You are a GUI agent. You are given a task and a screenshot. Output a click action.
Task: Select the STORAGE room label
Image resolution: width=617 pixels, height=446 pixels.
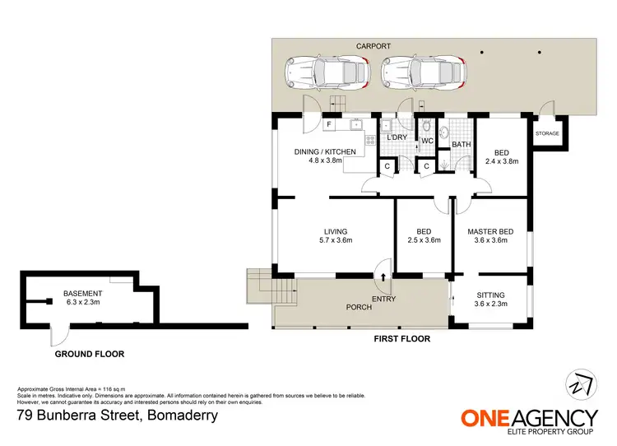click(547, 133)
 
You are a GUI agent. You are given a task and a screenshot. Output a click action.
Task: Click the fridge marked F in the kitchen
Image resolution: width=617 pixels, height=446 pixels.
click(329, 125)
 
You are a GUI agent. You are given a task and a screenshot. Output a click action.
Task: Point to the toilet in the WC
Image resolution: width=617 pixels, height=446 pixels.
click(427, 127)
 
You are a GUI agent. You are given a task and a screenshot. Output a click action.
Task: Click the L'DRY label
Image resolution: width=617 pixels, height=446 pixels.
click(398, 137)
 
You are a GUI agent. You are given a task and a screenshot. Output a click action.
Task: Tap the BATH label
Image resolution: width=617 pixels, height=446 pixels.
click(461, 145)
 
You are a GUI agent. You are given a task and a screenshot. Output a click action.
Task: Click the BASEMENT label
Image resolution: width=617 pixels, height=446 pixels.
click(83, 293)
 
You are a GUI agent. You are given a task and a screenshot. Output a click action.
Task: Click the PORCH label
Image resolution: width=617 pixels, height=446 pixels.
click(360, 308)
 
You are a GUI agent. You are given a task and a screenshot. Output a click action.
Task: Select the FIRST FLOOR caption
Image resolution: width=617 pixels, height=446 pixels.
click(402, 338)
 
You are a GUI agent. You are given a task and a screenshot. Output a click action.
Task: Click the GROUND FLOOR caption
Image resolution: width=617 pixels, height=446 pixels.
click(89, 354)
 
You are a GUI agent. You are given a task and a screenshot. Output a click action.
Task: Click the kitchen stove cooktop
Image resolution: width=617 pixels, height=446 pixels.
click(371, 140)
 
